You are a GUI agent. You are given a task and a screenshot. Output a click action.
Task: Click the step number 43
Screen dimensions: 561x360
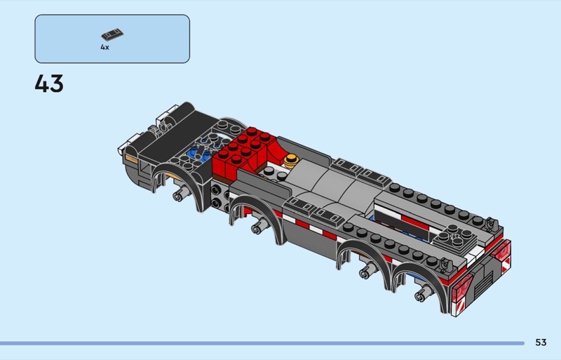[x=49, y=84]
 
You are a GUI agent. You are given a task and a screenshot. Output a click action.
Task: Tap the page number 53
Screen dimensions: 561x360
[x=541, y=342]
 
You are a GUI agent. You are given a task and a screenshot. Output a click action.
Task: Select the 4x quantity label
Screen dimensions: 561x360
[x=104, y=47]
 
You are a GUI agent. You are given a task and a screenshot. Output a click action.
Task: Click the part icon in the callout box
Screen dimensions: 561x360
[x=112, y=35]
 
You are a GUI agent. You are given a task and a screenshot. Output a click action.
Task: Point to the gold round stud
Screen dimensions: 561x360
[x=292, y=161]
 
